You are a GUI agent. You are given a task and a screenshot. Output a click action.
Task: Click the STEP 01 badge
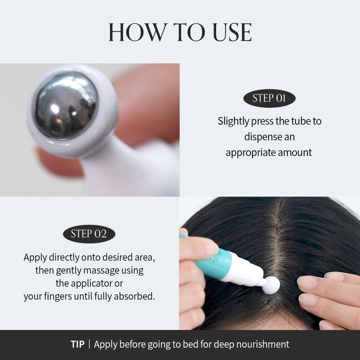click(269, 98)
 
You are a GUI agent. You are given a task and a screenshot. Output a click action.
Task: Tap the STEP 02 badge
click(89, 233)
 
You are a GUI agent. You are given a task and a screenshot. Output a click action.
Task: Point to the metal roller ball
click(65, 105)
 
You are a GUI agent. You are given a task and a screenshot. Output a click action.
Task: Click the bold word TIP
click(77, 344)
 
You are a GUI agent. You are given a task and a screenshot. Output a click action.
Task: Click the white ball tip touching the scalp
click(271, 285)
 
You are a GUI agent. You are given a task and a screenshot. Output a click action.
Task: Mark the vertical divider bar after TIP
click(89, 344)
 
